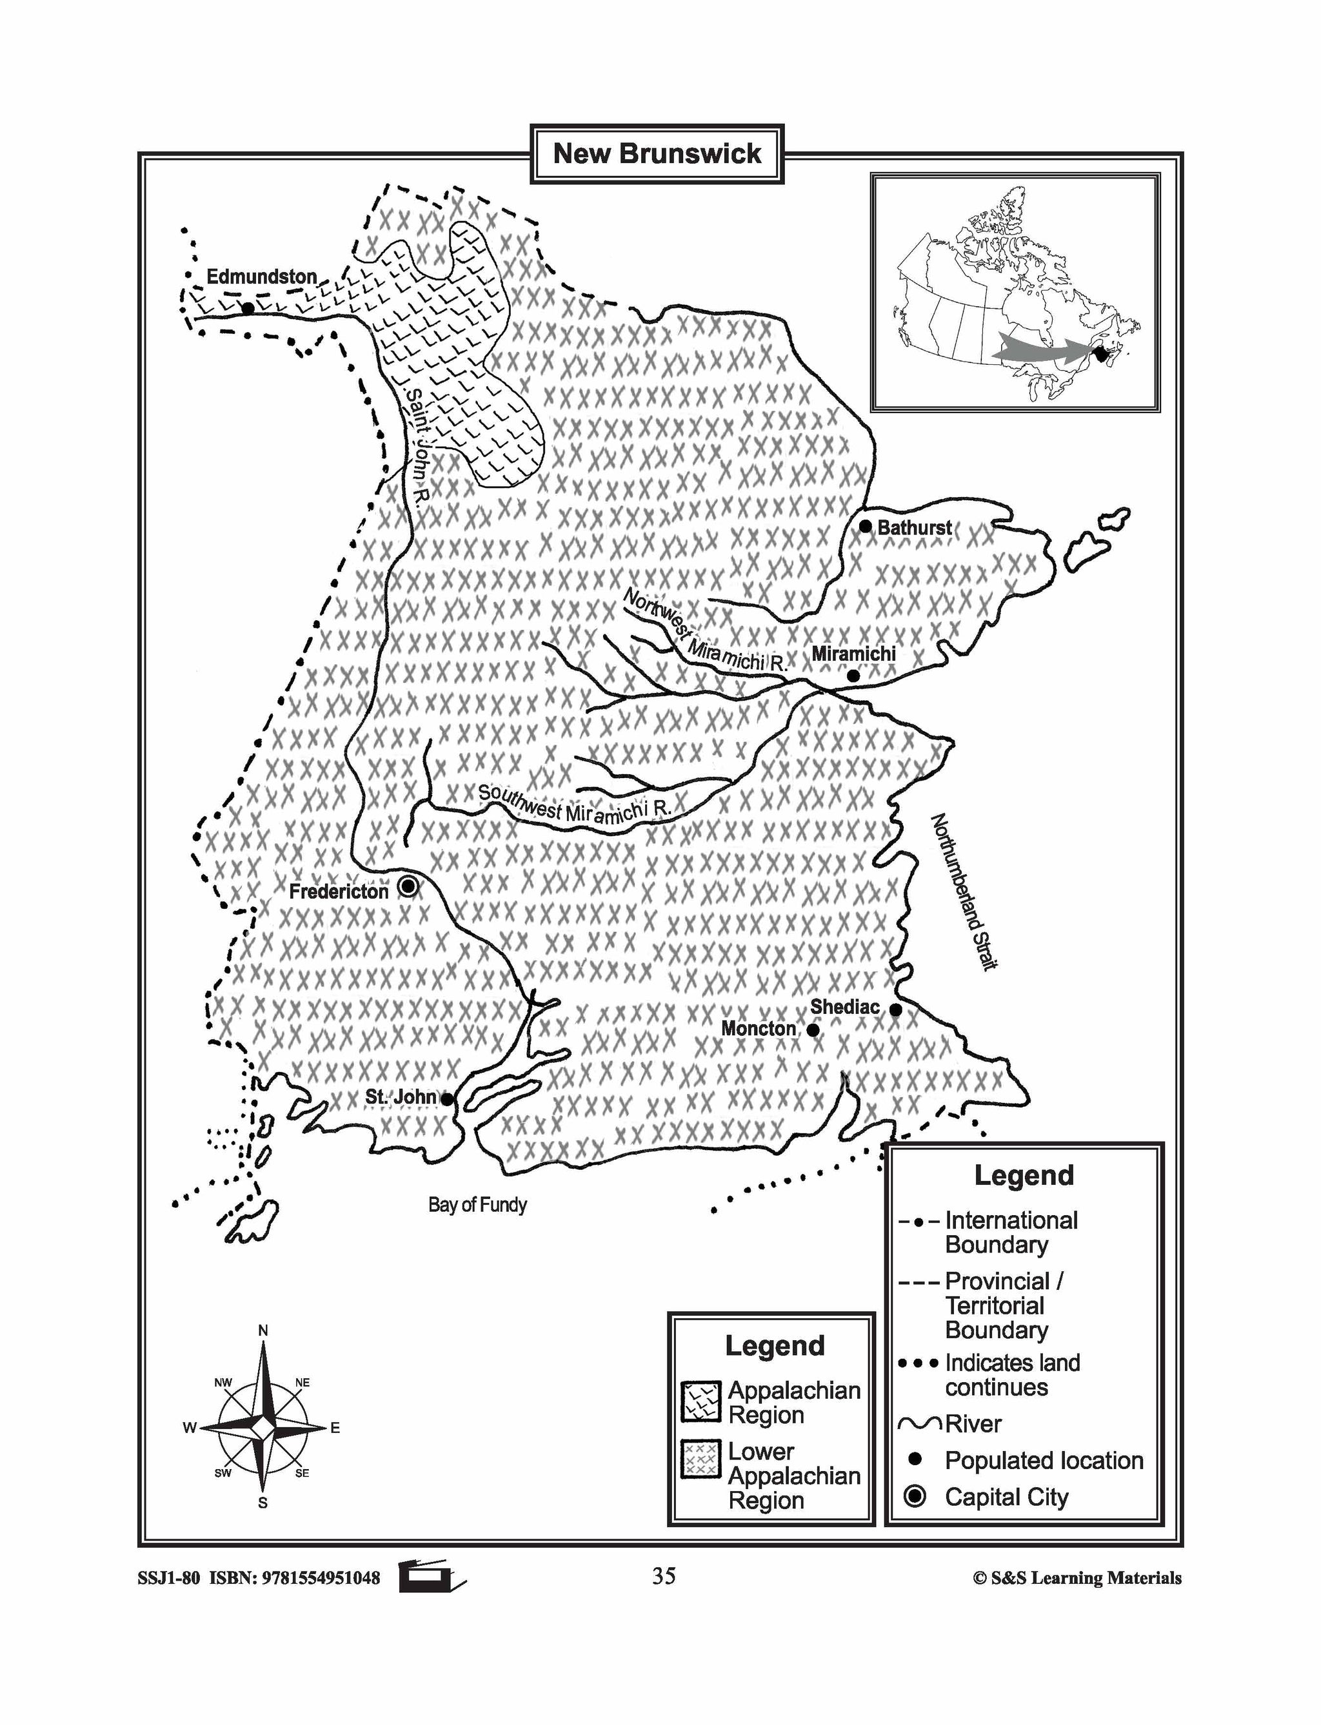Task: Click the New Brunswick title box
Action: click(x=657, y=153)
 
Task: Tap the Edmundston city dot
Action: click(x=248, y=308)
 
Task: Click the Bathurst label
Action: click(x=914, y=528)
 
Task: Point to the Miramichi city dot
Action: click(x=853, y=675)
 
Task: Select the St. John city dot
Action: click(x=446, y=1100)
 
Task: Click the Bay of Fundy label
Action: click(x=477, y=1205)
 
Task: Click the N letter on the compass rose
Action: click(x=263, y=1330)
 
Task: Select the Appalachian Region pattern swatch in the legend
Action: click(x=700, y=1402)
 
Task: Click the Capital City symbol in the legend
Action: click(x=915, y=1496)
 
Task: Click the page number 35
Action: click(x=663, y=1575)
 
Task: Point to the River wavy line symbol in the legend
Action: click(x=920, y=1423)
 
